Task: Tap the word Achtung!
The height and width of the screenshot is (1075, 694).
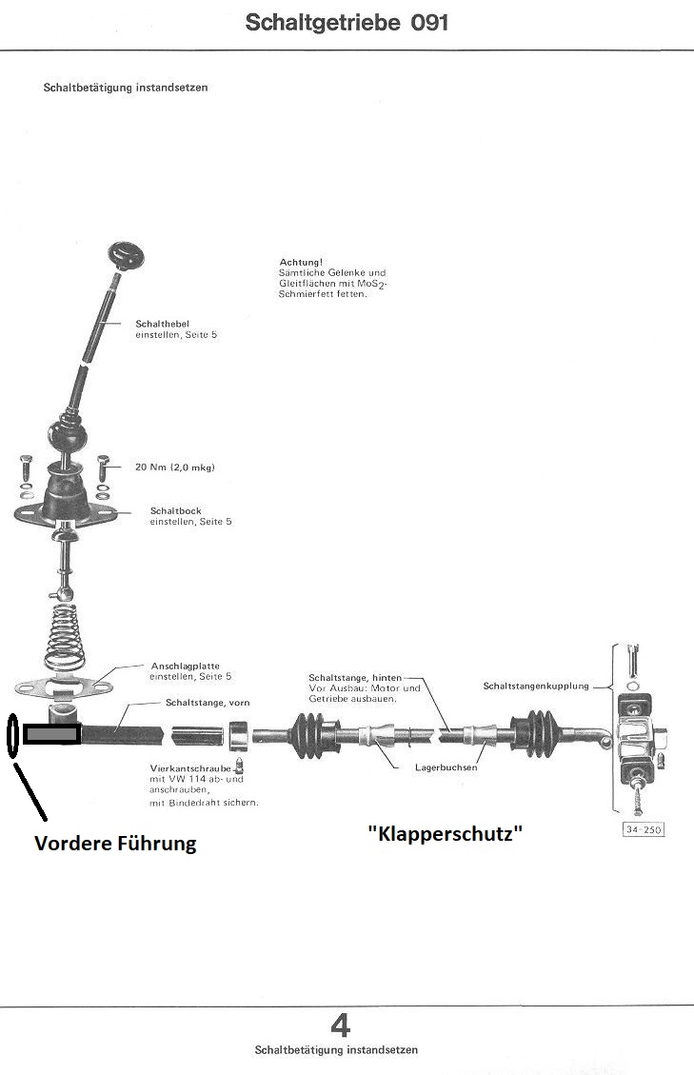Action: pyautogui.click(x=300, y=262)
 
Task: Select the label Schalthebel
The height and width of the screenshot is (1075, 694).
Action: pyautogui.click(x=162, y=325)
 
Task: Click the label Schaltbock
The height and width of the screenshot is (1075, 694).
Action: pyautogui.click(x=176, y=511)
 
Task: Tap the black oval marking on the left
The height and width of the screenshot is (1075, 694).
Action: pyautogui.click(x=12, y=735)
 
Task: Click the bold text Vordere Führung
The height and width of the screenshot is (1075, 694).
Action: pyautogui.click(x=115, y=843)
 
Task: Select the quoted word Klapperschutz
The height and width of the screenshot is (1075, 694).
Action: pyautogui.click(x=446, y=832)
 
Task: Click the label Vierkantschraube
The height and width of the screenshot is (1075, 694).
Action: pyautogui.click(x=189, y=767)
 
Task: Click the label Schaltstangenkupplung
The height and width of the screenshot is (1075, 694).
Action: pyautogui.click(x=536, y=686)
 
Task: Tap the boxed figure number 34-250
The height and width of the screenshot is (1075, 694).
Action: pyautogui.click(x=643, y=829)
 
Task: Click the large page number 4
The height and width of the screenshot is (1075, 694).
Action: pyautogui.click(x=340, y=1025)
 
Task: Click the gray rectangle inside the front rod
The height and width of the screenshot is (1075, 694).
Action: pyautogui.click(x=51, y=735)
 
